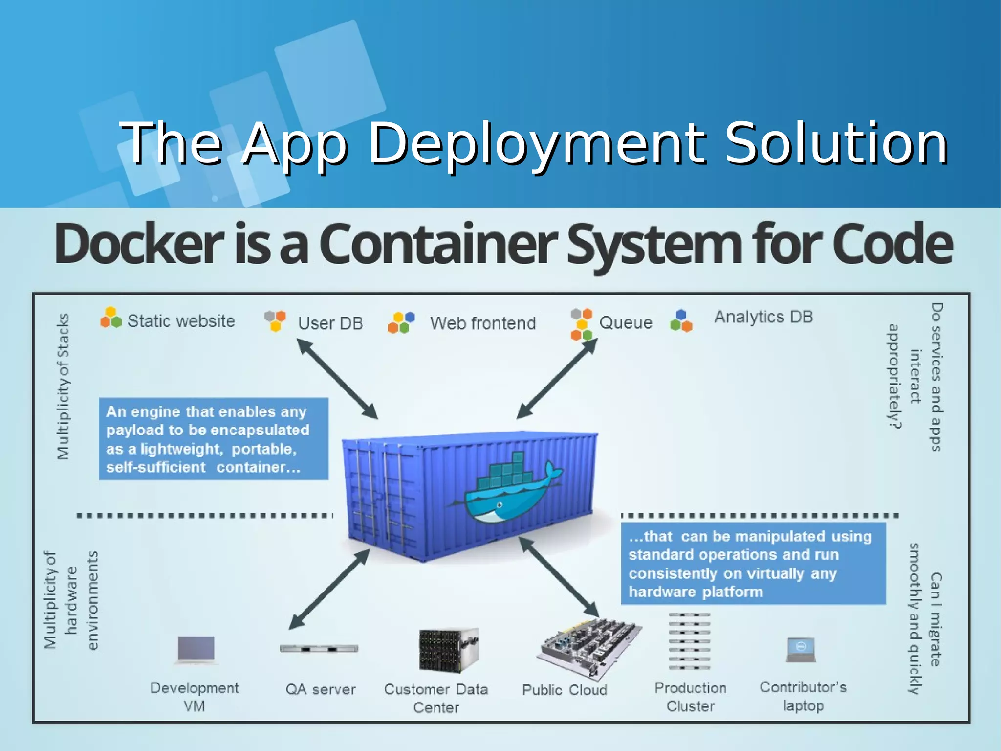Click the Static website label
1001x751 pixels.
click(181, 321)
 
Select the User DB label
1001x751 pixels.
click(330, 323)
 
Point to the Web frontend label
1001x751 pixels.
click(482, 323)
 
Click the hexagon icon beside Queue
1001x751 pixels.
click(581, 324)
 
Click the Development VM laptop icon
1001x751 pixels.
click(196, 649)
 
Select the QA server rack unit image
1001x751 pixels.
click(319, 649)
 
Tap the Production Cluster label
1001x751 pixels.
click(690, 697)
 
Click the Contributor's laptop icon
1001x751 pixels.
click(801, 649)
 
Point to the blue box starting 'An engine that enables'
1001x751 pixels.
click(214, 439)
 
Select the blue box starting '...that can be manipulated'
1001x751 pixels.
click(753, 564)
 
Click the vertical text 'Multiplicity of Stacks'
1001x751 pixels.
click(63, 387)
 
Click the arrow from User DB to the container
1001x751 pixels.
click(337, 379)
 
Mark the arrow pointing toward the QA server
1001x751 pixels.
click(328, 590)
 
